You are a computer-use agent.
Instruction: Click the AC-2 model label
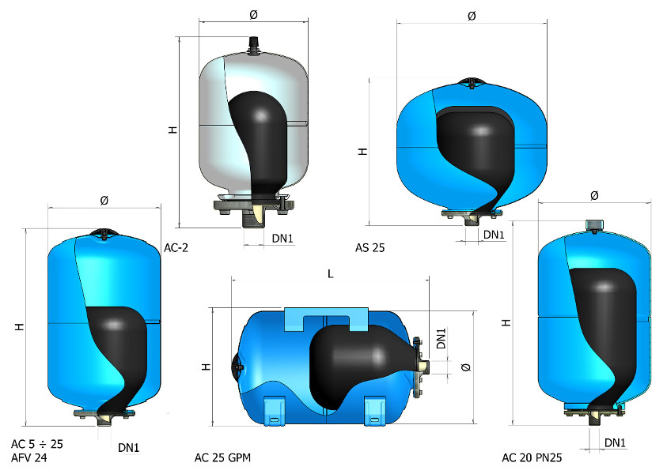[x=176, y=247]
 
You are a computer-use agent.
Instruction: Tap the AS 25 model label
[x=370, y=247]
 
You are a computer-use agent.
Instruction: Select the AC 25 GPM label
[x=222, y=457]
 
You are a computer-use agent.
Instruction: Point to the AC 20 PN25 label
[x=532, y=457]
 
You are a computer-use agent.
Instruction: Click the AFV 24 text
[x=29, y=458]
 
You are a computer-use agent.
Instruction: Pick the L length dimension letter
[x=330, y=274]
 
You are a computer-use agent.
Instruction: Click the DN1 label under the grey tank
[x=282, y=239]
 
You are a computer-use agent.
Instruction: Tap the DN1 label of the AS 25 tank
[x=494, y=235]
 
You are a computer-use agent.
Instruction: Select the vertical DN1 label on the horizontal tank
[x=442, y=338]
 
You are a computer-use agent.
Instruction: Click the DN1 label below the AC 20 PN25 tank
[x=615, y=443]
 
